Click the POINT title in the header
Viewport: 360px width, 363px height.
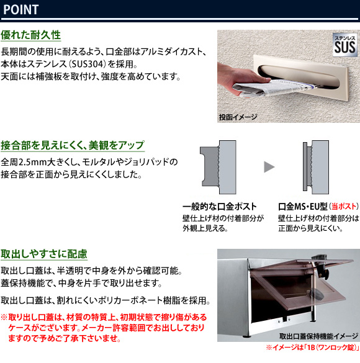point(21,9)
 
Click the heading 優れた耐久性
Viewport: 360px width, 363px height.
point(30,35)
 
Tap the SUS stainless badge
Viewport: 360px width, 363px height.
point(344,45)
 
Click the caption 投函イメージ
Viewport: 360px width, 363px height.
point(238,117)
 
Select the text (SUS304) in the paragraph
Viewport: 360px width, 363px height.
point(86,64)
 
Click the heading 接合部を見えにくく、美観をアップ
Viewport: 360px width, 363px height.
point(73,145)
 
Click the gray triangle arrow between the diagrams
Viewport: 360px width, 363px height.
point(269,167)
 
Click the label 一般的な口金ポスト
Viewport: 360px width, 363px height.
point(220,207)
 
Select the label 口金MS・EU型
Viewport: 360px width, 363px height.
point(302,207)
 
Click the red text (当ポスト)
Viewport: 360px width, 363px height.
point(344,207)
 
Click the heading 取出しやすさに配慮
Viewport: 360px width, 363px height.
point(44,254)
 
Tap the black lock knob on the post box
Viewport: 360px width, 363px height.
point(322,272)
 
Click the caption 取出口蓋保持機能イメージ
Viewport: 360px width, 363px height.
point(318,336)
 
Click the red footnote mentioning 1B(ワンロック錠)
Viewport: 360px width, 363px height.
point(312,347)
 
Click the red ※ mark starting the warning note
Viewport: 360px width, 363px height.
point(4,317)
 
